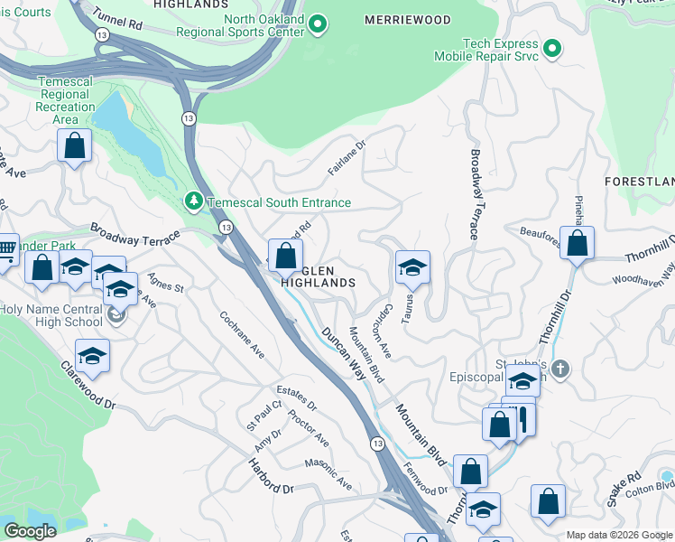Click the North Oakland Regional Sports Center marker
[318, 25]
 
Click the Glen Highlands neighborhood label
[319, 276]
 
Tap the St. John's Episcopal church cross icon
[560, 369]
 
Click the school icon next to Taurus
[412, 268]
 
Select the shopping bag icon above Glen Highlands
[286, 256]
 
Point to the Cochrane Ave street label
[241, 335]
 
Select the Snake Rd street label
[623, 489]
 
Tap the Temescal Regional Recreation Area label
[66, 100]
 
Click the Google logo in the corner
[30, 531]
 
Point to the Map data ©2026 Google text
[618, 535]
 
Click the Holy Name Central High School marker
[116, 314]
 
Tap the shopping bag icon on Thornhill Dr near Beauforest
[577, 243]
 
